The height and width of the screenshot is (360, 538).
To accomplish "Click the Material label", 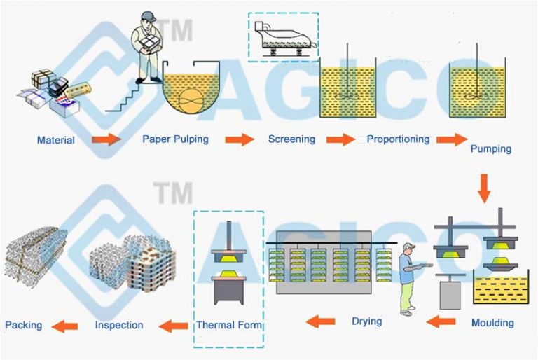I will [56, 140].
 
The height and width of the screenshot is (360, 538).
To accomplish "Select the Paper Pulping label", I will [175, 139].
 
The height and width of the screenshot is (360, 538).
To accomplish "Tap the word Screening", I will [291, 139].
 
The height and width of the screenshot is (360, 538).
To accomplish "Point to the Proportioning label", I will [398, 139].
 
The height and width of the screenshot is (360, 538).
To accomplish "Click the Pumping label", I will [490, 148].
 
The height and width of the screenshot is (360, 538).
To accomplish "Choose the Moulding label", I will [492, 323].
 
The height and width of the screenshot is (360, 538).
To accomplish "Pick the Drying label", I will [366, 321].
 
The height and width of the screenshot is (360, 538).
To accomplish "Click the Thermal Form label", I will [228, 325].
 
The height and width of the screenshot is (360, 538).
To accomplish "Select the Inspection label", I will [119, 325].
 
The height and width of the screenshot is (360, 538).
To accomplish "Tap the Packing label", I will [23, 325].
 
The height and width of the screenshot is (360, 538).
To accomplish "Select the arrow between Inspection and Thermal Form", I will [173, 325].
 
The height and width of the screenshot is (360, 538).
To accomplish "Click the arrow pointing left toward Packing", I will [67, 325].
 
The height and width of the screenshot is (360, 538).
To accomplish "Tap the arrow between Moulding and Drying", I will [441, 321].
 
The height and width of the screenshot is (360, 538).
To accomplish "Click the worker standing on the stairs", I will [147, 46].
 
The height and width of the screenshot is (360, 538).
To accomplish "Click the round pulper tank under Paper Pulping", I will [189, 91].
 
